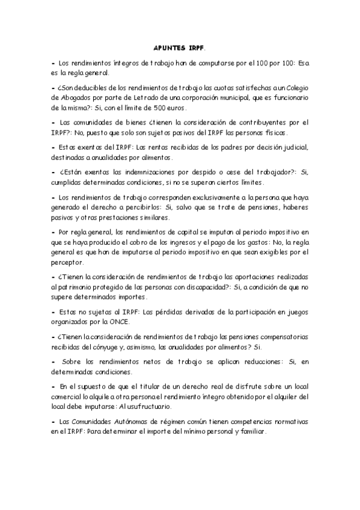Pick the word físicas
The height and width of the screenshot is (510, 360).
pos(275,132)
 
